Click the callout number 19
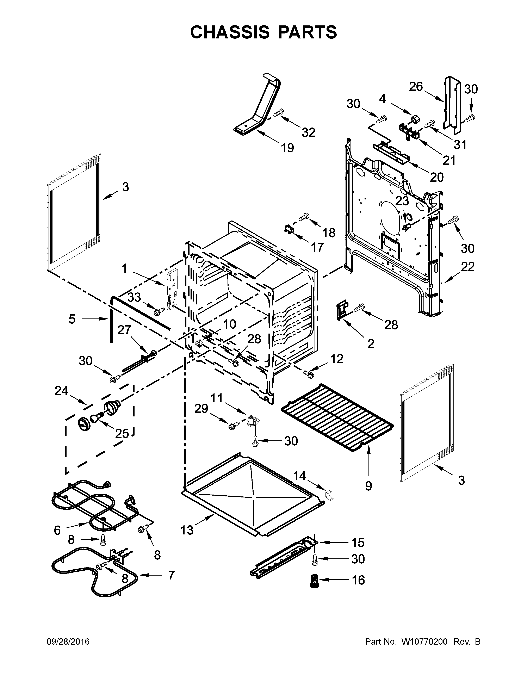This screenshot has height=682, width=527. pos(287,148)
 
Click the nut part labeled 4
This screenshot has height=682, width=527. pos(415,118)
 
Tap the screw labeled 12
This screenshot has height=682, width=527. pos(308,373)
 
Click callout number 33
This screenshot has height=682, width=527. pos(134,297)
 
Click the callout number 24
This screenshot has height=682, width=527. pos(62,390)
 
